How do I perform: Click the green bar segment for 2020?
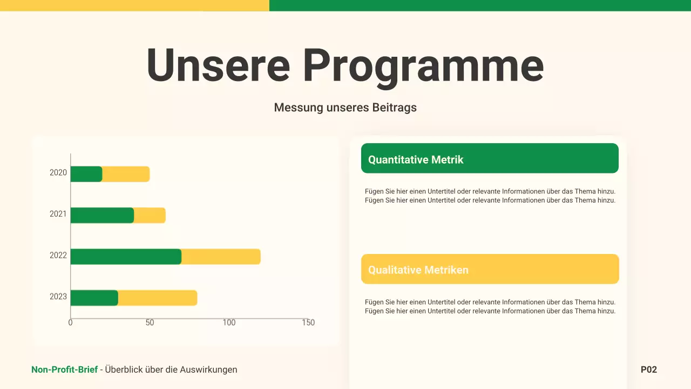click(86, 174)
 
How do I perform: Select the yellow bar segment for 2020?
click(126, 174)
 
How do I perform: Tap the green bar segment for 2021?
click(102, 216)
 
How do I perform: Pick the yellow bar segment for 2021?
click(150, 216)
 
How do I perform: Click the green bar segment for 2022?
click(126, 257)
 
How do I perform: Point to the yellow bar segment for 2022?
click(221, 257)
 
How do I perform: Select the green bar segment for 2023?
click(94, 298)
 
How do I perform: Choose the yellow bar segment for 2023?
click(158, 298)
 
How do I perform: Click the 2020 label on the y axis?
click(58, 173)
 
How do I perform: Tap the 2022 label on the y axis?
click(58, 255)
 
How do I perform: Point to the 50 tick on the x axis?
click(150, 323)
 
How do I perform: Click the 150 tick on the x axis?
click(308, 323)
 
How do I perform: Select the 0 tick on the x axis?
click(71, 323)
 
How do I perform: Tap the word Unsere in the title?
click(218, 65)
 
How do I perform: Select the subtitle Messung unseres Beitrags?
click(345, 108)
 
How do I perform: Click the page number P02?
click(649, 370)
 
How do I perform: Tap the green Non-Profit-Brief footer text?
click(65, 370)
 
